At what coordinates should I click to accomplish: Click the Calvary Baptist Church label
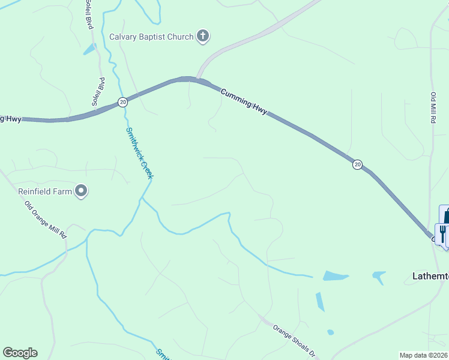coord(151,37)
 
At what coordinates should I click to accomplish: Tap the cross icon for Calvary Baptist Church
coord(203,37)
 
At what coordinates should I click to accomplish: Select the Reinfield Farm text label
coord(44,191)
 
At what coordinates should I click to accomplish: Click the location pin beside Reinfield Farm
coord(82,191)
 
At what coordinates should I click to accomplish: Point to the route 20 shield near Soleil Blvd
coord(122,102)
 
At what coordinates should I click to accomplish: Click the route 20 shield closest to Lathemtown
coord(357,164)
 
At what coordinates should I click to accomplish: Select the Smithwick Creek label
coord(139,154)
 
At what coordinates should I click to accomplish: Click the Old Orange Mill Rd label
coord(45,220)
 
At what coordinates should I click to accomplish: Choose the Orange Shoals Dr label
coord(294,340)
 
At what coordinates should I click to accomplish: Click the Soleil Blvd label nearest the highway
coord(98,92)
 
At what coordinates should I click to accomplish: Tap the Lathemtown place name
coord(430,277)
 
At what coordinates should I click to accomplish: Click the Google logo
coord(20,353)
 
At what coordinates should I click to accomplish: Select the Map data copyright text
coord(424,355)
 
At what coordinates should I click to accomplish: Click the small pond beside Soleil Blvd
coord(90,49)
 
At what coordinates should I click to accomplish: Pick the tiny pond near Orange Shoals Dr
coord(330,332)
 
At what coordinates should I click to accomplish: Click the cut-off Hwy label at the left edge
coord(10,119)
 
